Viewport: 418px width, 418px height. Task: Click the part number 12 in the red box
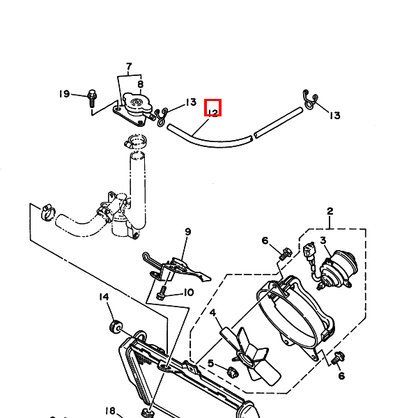click(212, 108)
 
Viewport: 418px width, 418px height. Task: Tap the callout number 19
click(64, 94)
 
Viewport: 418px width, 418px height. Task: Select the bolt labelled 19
click(92, 98)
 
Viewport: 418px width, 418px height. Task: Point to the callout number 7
click(129, 68)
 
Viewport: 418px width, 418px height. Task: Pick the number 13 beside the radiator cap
click(190, 103)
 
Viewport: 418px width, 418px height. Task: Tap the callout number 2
click(330, 211)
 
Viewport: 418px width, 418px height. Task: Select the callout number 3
click(323, 241)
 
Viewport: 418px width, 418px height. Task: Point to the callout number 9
click(187, 232)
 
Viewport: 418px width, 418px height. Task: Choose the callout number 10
click(188, 293)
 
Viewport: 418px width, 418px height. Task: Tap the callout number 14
click(104, 297)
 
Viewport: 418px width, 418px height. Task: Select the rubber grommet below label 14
click(116, 326)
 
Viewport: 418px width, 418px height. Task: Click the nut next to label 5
click(233, 371)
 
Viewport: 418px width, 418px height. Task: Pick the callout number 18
click(110, 410)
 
